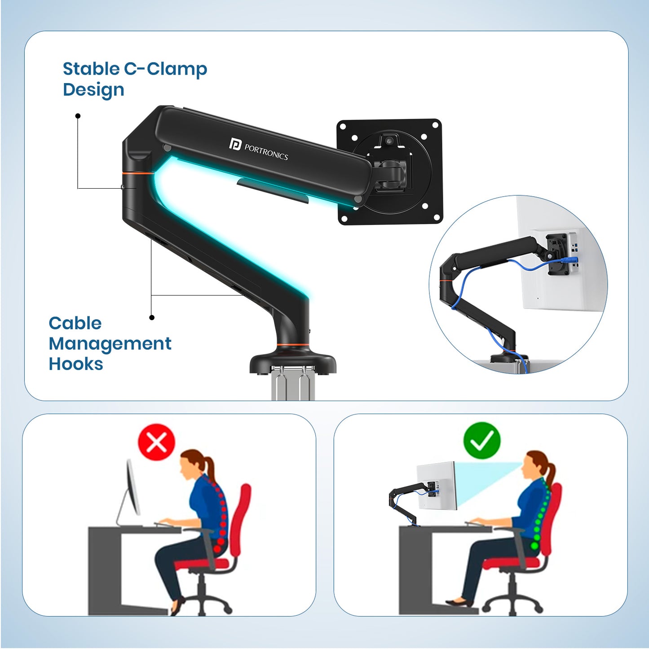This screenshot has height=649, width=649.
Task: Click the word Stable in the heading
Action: pos(91,69)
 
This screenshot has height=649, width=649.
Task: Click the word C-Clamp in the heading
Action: pos(166,69)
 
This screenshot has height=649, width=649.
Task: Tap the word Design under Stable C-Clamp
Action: pos(93,90)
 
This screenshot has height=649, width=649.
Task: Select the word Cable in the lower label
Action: pos(75,323)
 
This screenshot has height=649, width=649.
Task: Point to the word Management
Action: pos(110,344)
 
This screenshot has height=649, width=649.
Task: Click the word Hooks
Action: pos(76,364)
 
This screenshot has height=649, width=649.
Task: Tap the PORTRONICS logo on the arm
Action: pos(258,150)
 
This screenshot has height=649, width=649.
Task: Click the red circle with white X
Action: pos(156,441)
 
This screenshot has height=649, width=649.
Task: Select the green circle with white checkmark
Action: pos(481,441)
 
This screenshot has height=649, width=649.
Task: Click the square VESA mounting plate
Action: pos(389,171)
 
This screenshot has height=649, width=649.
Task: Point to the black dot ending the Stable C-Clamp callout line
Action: pos(78,116)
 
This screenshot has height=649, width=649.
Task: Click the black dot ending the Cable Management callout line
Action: pos(152,318)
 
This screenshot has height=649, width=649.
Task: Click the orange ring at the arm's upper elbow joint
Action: pos(137,173)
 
